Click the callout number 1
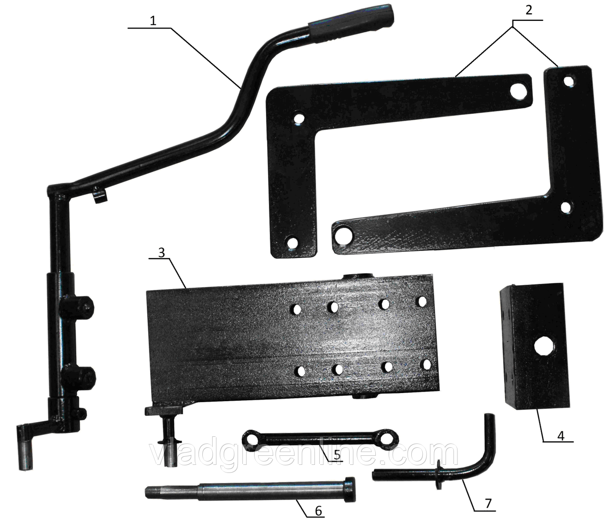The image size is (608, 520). click(x=153, y=21)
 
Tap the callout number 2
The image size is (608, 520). click(x=529, y=10)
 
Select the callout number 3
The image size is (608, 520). click(x=161, y=252)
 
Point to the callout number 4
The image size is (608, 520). click(x=561, y=435)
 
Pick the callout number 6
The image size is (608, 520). click(x=319, y=511)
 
